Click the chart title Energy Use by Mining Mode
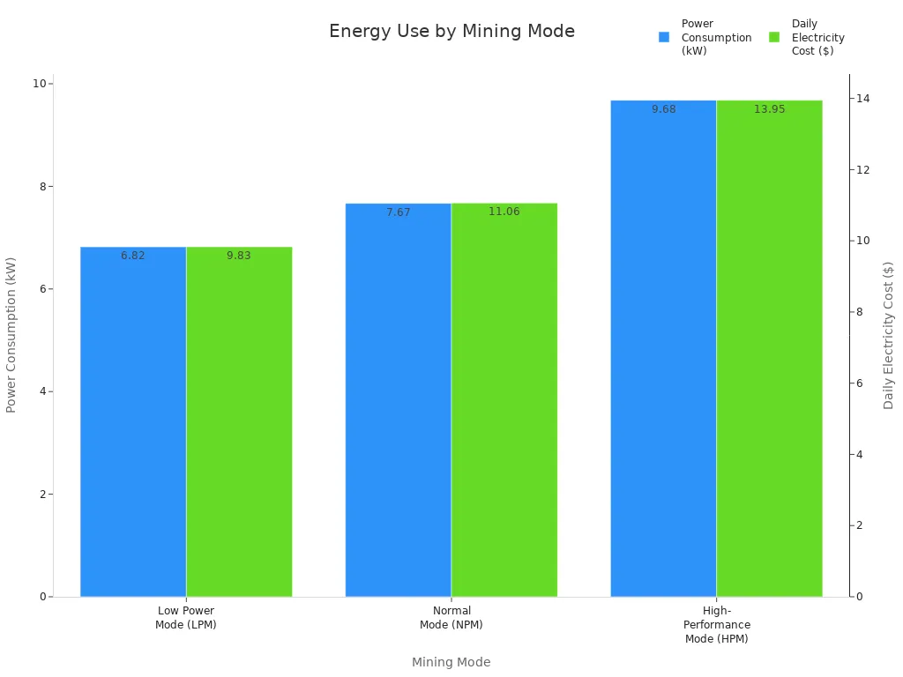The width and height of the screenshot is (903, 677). pos(451,32)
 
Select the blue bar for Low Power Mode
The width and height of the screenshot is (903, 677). pos(133,423)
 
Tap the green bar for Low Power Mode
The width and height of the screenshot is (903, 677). pos(239,423)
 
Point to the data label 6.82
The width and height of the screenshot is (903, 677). pos(133,256)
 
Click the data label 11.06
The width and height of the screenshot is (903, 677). pos(504,212)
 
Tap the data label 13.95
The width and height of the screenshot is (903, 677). pos(769,109)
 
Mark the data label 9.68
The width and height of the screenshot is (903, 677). pos(664,109)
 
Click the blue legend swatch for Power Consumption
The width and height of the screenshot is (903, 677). pos(664,37)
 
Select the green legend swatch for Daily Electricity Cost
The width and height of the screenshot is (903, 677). pos(774,37)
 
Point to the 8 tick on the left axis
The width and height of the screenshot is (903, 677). pos(40,187)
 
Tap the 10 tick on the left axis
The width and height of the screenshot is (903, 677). pos(38,84)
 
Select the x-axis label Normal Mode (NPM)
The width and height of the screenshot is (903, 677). pos(451,617)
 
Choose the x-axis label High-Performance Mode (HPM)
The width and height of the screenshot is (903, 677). pos(716,624)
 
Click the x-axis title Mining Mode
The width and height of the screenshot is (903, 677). pos(451,662)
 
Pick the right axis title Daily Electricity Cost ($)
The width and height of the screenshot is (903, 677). pos(888,335)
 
